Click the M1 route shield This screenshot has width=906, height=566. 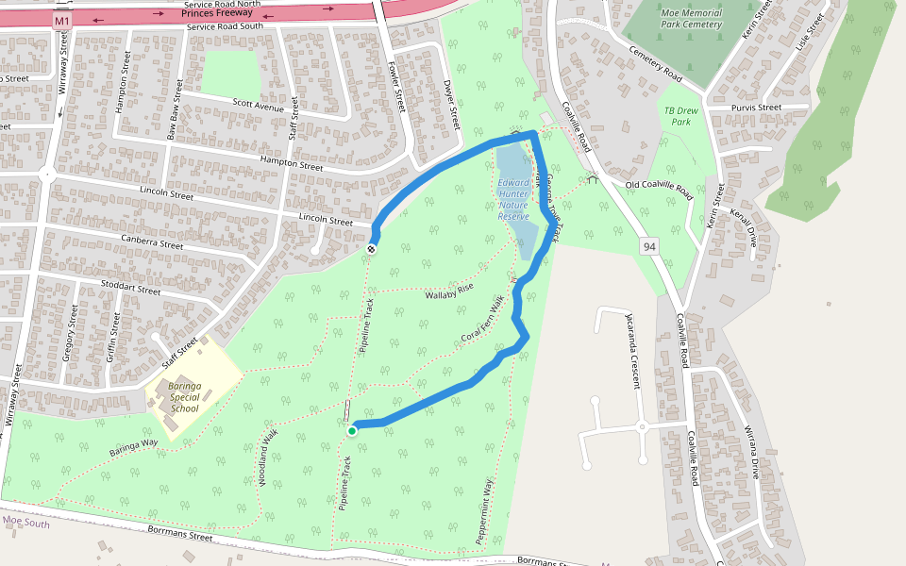(62, 20)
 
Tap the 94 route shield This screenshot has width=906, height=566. (648, 246)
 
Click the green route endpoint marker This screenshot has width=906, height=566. (352, 431)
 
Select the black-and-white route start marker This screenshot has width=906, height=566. (372, 248)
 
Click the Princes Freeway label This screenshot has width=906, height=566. (217, 14)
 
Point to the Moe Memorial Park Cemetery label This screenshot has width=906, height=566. (691, 18)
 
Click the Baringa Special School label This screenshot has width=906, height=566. (184, 396)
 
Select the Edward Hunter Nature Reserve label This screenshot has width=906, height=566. (513, 199)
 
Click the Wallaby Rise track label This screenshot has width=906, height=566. (448, 291)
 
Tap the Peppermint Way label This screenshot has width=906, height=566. (485, 510)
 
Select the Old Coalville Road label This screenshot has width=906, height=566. (660, 191)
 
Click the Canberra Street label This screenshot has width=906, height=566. (152, 243)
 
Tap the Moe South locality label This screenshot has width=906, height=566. (25, 522)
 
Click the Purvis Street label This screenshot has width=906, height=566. (756, 108)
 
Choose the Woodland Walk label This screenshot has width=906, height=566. (268, 459)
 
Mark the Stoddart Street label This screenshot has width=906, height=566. (129, 287)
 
